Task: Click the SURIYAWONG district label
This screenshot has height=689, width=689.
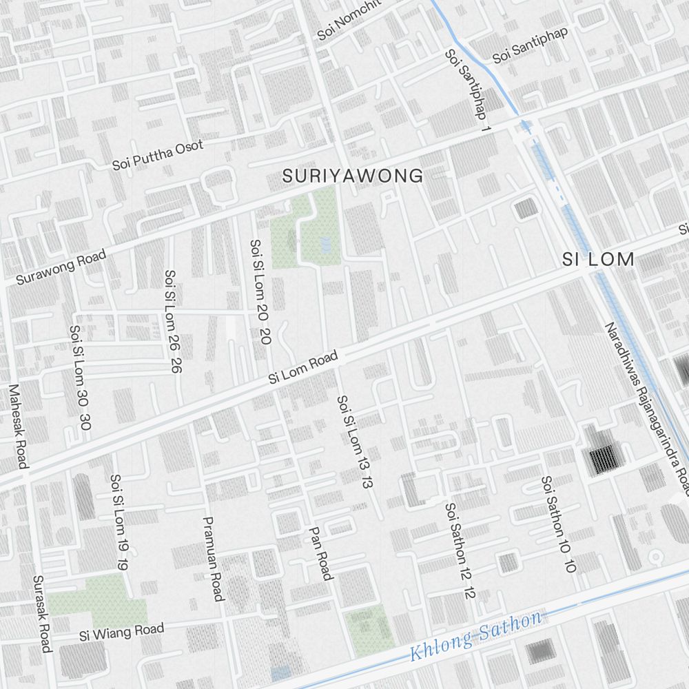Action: pyautogui.click(x=352, y=176)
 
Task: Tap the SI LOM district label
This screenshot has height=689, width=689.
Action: pyautogui.click(x=597, y=260)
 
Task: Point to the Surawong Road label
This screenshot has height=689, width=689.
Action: pyautogui.click(x=61, y=267)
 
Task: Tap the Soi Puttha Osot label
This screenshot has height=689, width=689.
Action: pyautogui.click(x=158, y=155)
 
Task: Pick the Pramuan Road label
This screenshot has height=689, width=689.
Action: pyautogui.click(x=213, y=559)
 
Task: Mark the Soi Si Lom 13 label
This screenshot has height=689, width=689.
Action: pyautogui.click(x=354, y=442)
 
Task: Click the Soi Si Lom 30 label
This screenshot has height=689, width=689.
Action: pyautogui.click(x=80, y=377)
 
